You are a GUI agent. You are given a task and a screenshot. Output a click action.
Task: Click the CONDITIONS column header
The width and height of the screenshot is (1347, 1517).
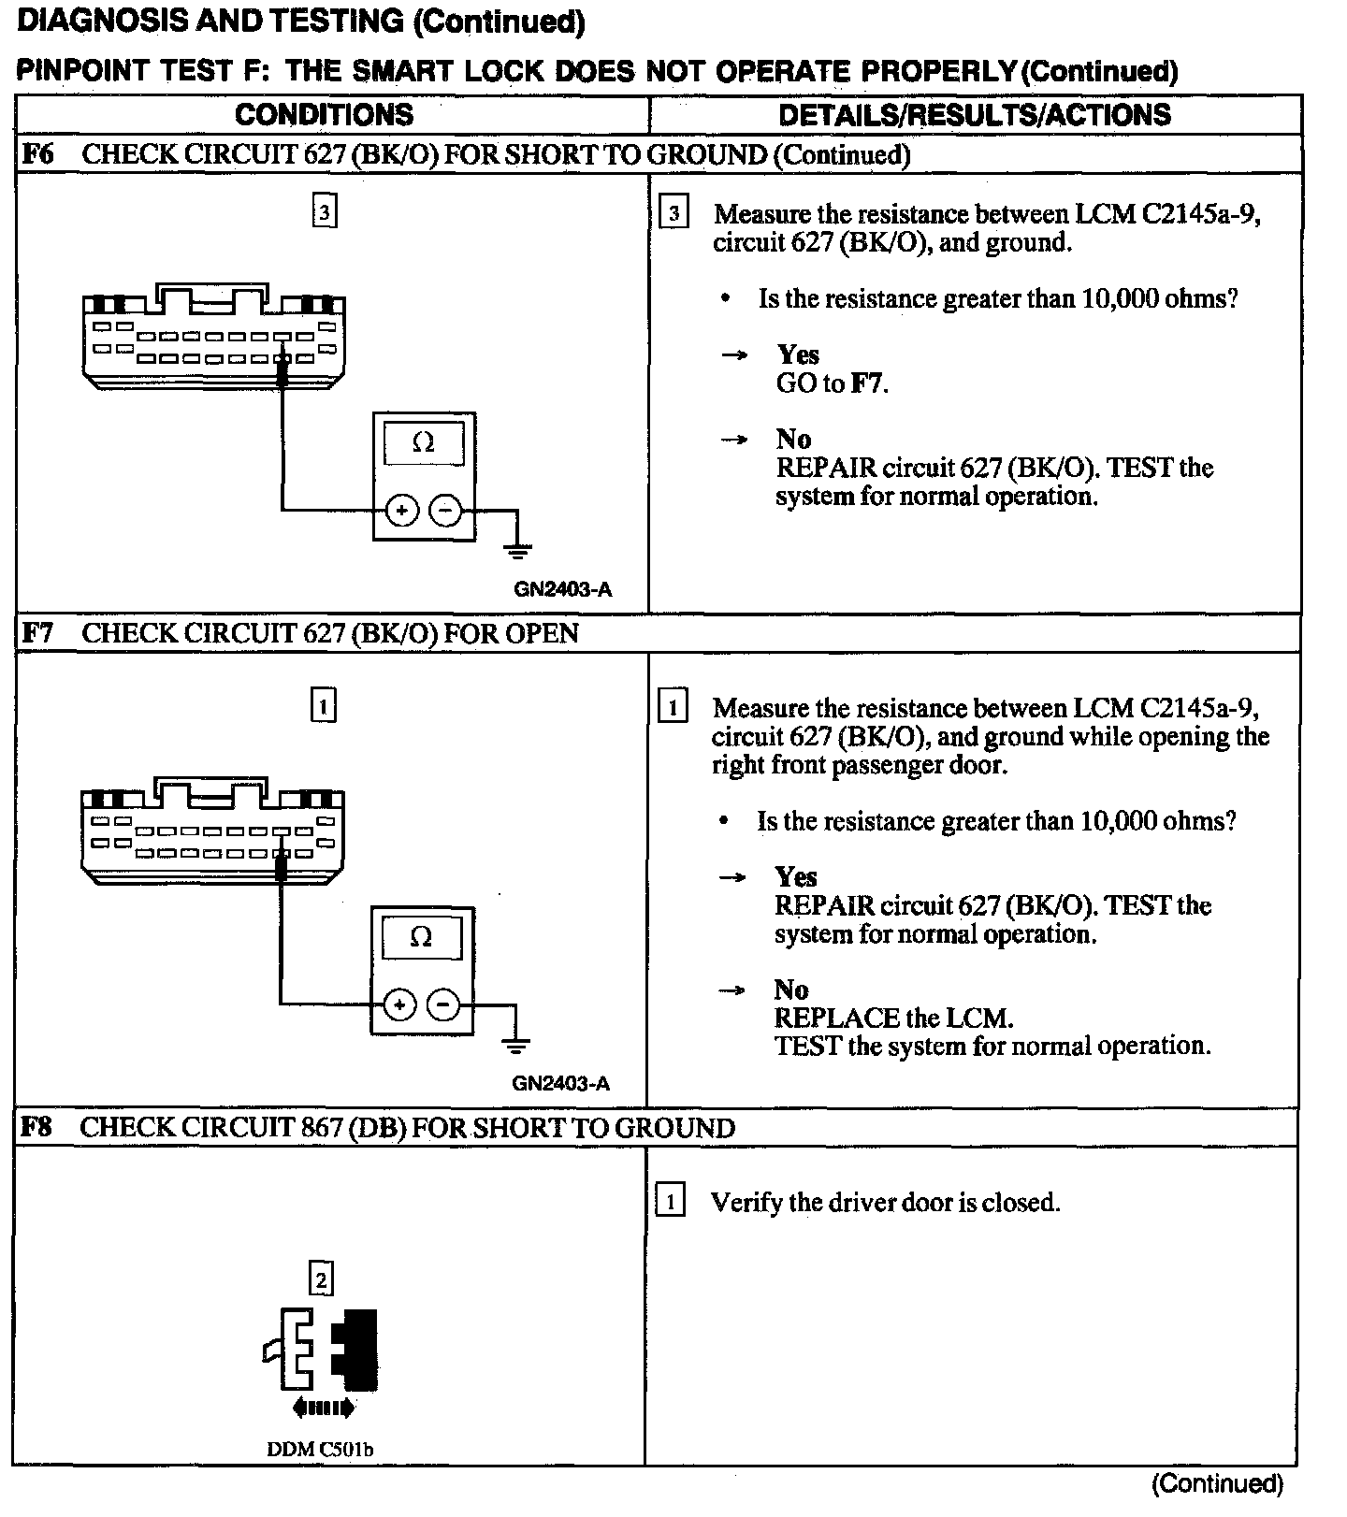324,115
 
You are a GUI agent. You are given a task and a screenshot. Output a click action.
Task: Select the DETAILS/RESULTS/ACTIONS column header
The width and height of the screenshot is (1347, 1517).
974,115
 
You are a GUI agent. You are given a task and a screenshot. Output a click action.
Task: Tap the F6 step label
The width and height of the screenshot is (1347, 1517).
38,154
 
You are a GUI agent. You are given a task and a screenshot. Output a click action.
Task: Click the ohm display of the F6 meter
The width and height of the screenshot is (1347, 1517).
424,442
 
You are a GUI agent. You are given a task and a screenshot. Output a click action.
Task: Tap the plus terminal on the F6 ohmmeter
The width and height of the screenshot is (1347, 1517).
402,511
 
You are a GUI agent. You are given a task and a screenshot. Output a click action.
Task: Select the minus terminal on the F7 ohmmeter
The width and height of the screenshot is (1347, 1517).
443,1005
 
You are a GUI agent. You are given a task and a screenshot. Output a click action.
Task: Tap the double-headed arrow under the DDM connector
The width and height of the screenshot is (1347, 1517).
324,1406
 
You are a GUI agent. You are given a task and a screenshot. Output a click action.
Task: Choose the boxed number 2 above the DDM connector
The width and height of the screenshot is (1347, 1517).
321,1279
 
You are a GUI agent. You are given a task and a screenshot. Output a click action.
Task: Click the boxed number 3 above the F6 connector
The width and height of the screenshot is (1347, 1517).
324,213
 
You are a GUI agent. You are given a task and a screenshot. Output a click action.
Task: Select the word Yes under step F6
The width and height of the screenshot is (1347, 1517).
798,354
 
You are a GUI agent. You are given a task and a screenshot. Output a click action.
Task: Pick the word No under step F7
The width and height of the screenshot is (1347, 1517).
791,990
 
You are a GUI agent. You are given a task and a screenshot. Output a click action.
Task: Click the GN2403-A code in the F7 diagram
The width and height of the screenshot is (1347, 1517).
561,1084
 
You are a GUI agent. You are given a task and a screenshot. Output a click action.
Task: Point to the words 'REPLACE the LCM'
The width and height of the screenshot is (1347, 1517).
893,1018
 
